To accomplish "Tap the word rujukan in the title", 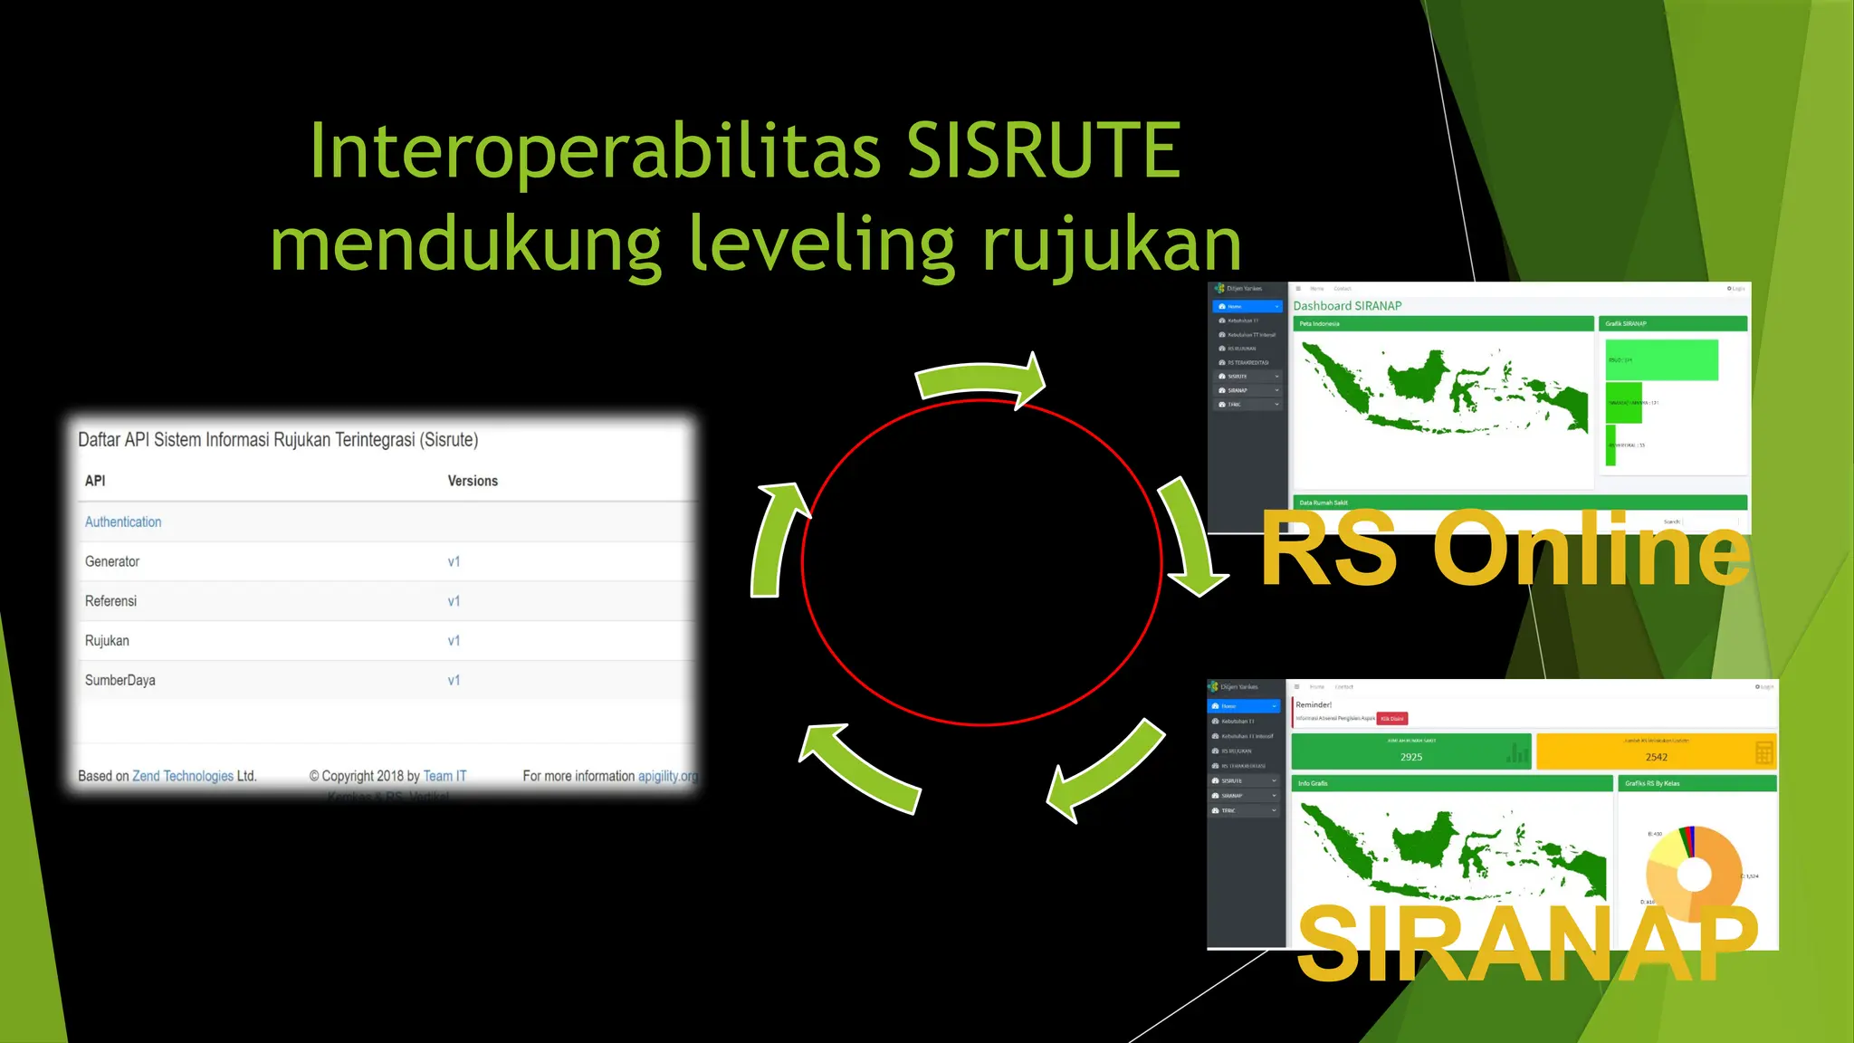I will [1112, 244].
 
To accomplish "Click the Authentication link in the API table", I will [123, 522].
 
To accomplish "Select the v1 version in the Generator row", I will [454, 562].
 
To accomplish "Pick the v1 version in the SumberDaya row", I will [454, 681].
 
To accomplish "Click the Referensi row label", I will [110, 601].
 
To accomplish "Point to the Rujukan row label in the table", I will [107, 641].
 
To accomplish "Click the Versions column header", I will [473, 481].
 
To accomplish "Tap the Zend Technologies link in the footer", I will [183, 776].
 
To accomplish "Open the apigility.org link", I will [668, 776].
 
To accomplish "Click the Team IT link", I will [444, 776].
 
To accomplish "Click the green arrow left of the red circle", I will [777, 541].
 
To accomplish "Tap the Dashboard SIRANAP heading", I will [1347, 306].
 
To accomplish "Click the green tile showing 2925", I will [1410, 751].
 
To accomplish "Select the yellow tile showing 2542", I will [1656, 751].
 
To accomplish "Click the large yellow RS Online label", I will [1505, 549].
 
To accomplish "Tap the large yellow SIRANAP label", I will [1526, 943].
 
